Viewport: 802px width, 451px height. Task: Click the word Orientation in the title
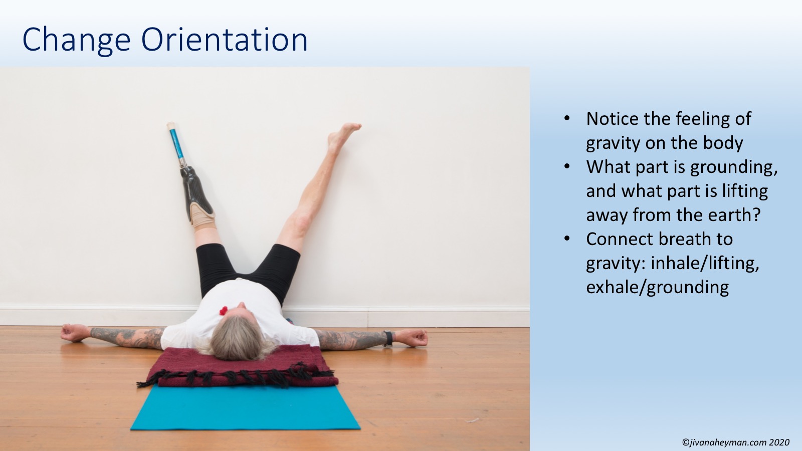pyautogui.click(x=225, y=40)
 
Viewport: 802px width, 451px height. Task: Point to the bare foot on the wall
pyautogui.click(x=343, y=137)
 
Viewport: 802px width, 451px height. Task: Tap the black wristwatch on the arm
pyautogui.click(x=388, y=339)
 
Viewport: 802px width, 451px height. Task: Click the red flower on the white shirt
pyautogui.click(x=224, y=310)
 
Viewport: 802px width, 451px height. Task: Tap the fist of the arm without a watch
pyautogui.click(x=71, y=333)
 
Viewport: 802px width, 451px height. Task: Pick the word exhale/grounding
pyautogui.click(x=657, y=287)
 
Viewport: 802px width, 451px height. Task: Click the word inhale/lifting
pyautogui.click(x=705, y=264)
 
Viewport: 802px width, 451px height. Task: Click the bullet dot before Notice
pyautogui.click(x=567, y=118)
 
